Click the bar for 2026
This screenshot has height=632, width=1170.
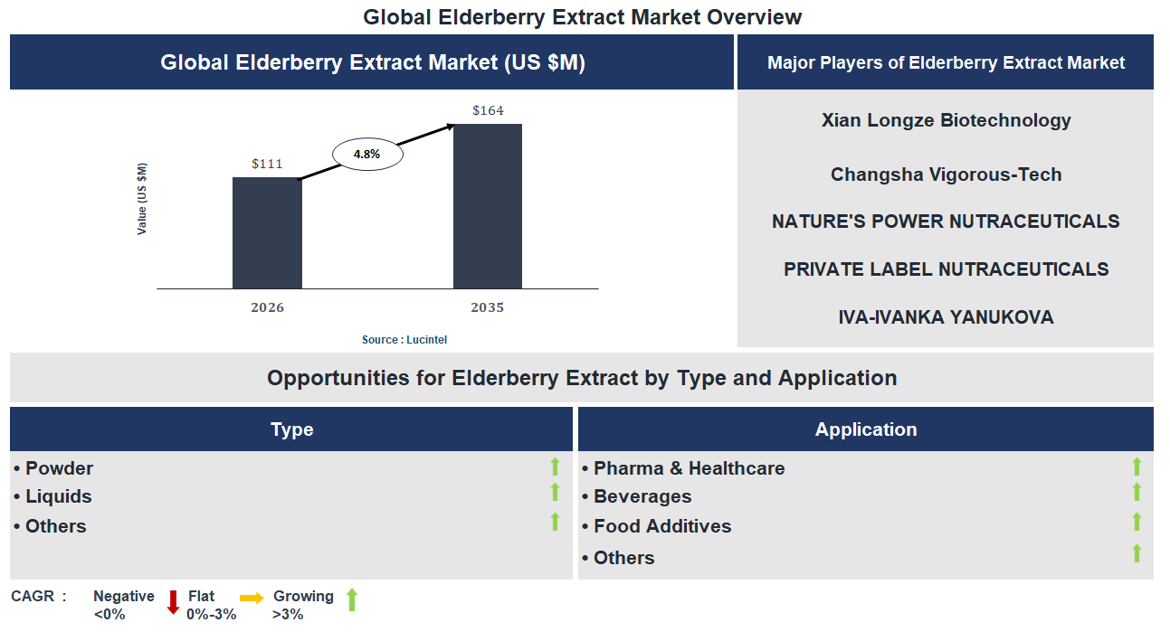(x=267, y=232)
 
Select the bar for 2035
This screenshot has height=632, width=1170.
(x=488, y=206)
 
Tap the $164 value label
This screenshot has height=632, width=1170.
(x=488, y=111)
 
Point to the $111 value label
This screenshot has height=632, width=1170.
(x=267, y=164)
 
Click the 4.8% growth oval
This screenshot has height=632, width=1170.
(x=366, y=155)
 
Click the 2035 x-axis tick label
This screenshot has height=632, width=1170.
(x=488, y=307)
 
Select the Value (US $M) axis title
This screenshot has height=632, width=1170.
(x=142, y=199)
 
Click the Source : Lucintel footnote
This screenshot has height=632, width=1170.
(x=404, y=340)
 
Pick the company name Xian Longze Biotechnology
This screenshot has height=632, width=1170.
(x=946, y=120)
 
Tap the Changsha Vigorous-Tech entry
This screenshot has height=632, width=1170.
(x=946, y=175)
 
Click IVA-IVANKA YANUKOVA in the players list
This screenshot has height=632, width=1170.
(x=946, y=317)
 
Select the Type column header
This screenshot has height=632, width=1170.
(x=291, y=429)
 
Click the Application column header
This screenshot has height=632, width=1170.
(x=866, y=429)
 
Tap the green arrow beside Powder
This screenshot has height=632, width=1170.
(x=556, y=467)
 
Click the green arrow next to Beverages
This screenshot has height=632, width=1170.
(x=1137, y=492)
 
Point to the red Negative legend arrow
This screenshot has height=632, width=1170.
(x=173, y=601)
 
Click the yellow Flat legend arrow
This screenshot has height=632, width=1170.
(x=252, y=598)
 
